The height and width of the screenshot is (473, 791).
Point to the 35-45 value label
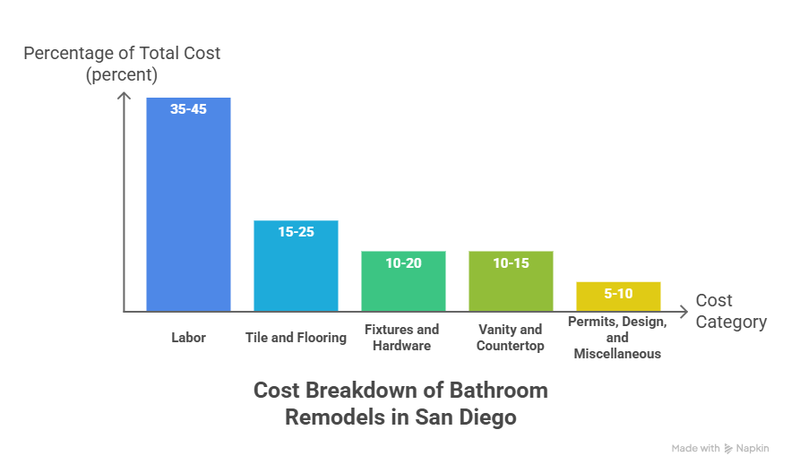(188, 110)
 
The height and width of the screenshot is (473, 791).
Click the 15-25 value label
(296, 232)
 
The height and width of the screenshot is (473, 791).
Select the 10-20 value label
(403, 262)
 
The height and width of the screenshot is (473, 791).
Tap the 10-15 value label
(511, 262)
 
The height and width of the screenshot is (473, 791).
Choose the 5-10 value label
(618, 293)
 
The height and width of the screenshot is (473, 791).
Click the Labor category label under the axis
(188, 338)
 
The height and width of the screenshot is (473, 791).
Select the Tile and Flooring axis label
(296, 338)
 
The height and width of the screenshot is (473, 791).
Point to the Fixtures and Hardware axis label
(403, 338)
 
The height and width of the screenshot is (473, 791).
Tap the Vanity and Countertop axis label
(511, 338)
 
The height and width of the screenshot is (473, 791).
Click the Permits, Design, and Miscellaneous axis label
(618, 338)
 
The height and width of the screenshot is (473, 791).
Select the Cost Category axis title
(731, 311)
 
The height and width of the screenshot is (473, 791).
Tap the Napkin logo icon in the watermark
(728, 448)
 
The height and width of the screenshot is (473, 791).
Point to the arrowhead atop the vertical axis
(123, 94)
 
